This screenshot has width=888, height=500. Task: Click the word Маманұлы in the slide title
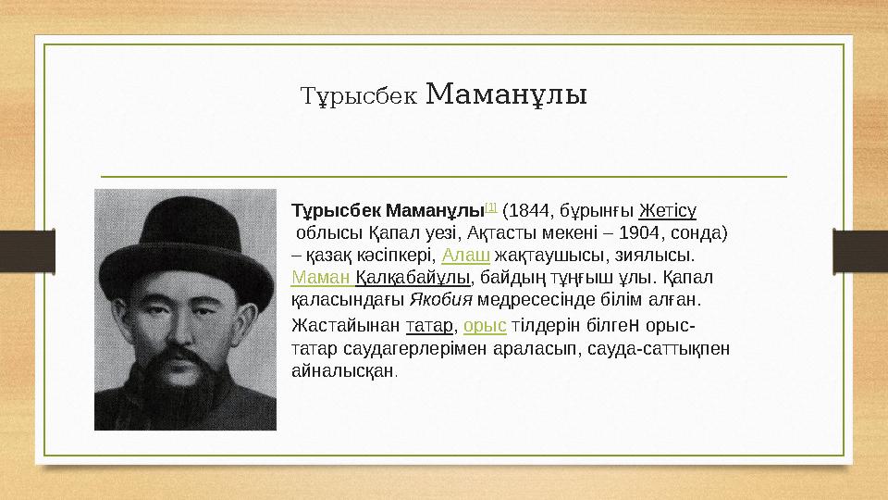pos(509,94)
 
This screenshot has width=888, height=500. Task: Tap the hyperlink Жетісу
pos(667,210)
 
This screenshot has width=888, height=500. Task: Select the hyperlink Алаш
pos(460,255)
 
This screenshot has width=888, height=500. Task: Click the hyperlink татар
pos(429,326)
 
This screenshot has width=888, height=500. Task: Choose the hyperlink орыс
pos(483,326)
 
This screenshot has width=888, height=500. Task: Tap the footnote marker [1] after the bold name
pos(491,206)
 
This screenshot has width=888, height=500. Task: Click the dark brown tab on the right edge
pos(860,251)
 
